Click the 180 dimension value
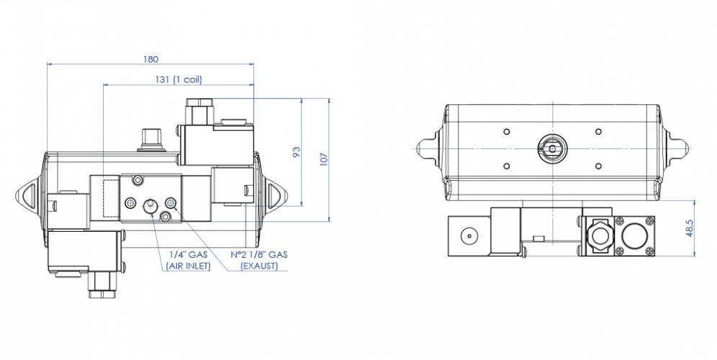click(x=150, y=58)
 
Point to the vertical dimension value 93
click(x=296, y=153)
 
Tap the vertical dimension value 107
click(x=323, y=158)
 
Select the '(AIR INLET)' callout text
click(x=189, y=266)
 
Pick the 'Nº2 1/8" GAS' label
click(x=259, y=254)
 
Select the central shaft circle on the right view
click(x=552, y=148)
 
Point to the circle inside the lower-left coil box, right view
click(x=469, y=235)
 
